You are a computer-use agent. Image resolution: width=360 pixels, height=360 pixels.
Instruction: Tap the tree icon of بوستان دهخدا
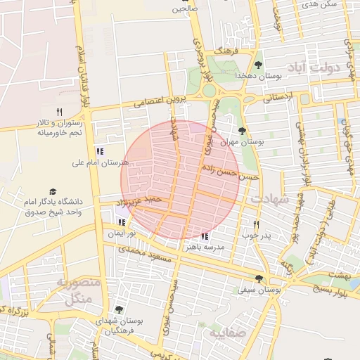click(x=258, y=65)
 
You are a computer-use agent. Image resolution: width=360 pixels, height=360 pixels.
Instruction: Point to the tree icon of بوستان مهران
click(x=242, y=131)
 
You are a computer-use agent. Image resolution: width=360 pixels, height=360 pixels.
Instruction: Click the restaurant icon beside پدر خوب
click(x=256, y=225)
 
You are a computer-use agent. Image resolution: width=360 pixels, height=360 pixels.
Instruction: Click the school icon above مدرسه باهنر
click(x=205, y=236)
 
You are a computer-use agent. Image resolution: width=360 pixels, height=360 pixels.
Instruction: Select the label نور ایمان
click(x=122, y=233)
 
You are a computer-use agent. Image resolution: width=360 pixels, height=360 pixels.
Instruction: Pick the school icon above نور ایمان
click(x=122, y=222)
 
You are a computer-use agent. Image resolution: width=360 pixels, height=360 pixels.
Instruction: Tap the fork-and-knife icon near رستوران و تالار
click(x=59, y=112)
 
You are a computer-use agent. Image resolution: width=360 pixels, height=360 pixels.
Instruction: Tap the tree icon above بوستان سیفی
click(x=259, y=278)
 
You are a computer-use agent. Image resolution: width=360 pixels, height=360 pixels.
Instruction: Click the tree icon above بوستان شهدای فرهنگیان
click(x=117, y=309)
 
